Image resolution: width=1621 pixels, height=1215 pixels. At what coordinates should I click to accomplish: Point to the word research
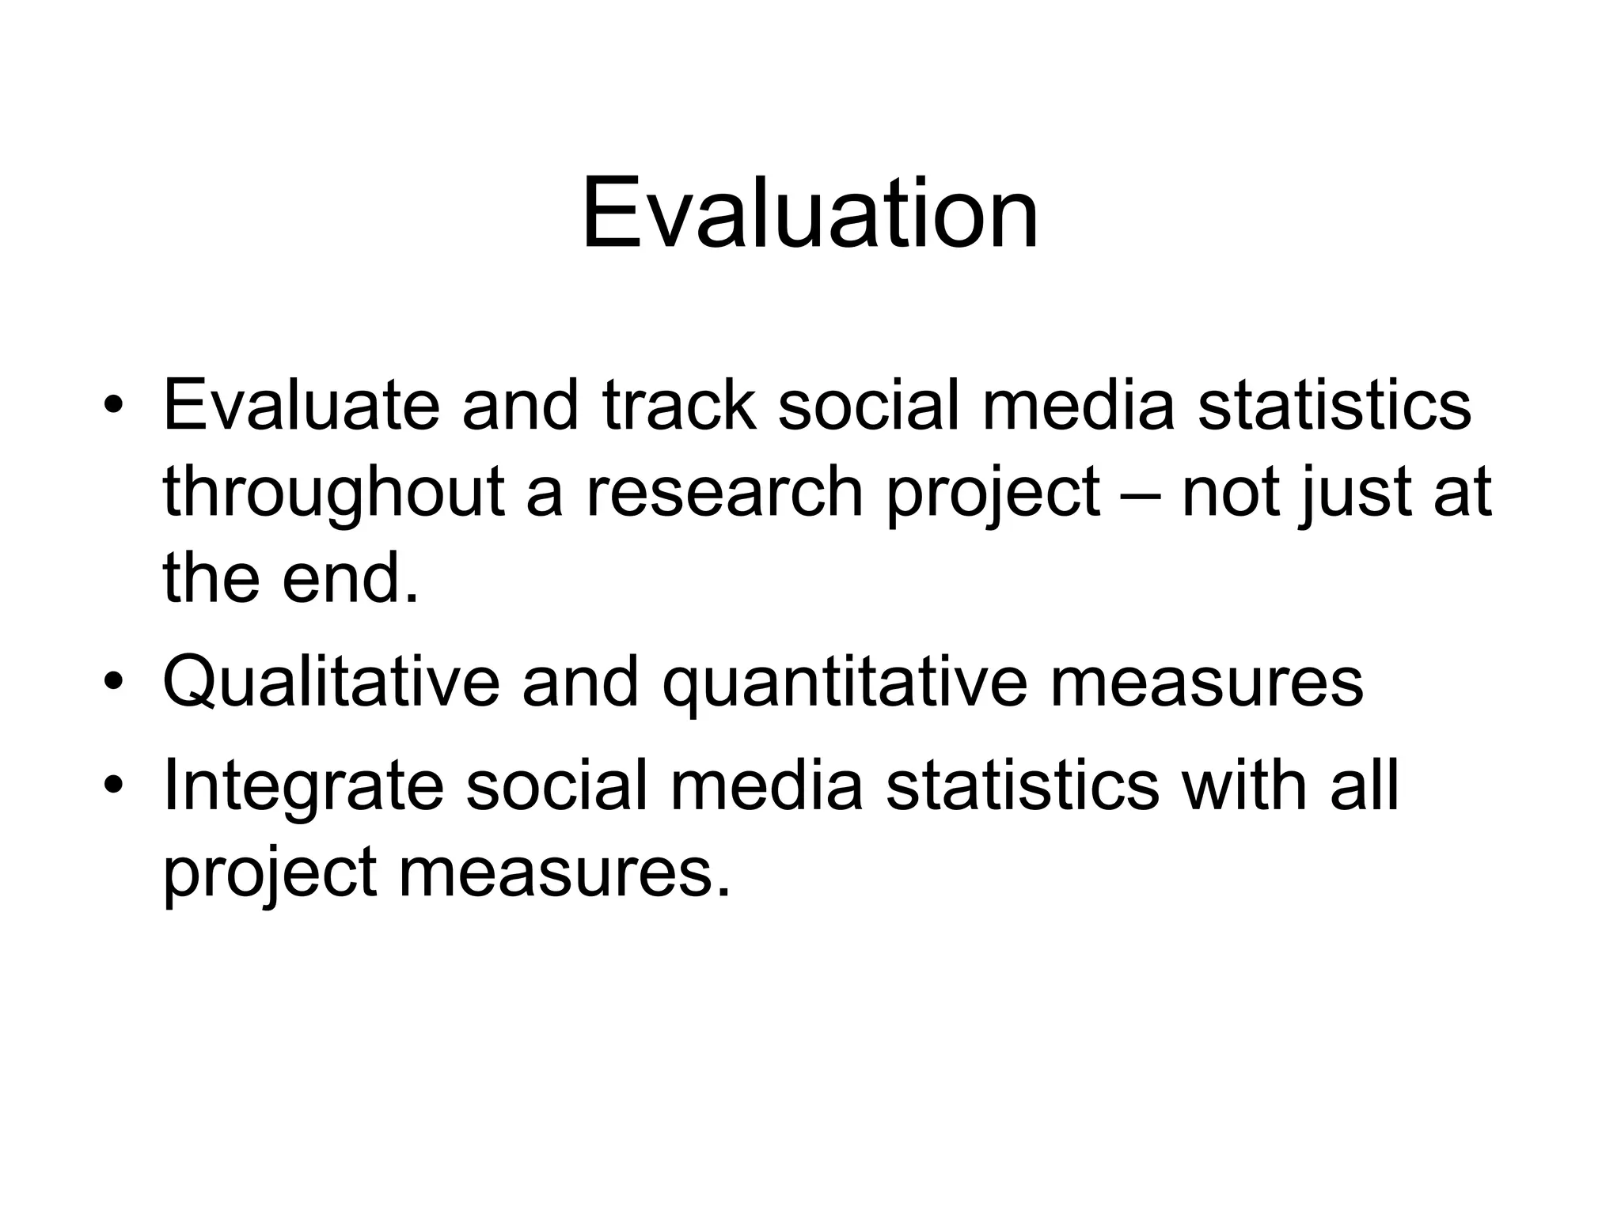pyautogui.click(x=724, y=492)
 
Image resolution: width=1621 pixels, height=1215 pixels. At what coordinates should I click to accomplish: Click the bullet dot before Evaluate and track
pyautogui.click(x=115, y=407)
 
